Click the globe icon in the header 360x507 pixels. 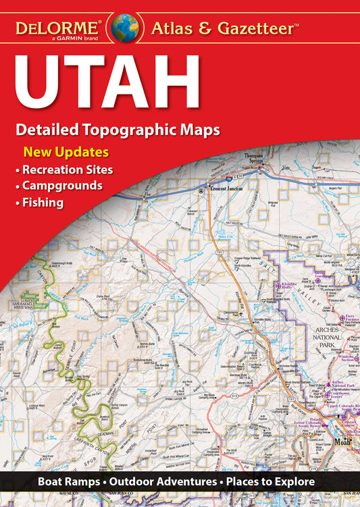pos(125,28)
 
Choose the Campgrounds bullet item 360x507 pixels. pos(62,185)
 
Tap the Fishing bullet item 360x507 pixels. pos(43,202)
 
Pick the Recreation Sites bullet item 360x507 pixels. pos(67,169)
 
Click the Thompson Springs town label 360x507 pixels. pos(253,158)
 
